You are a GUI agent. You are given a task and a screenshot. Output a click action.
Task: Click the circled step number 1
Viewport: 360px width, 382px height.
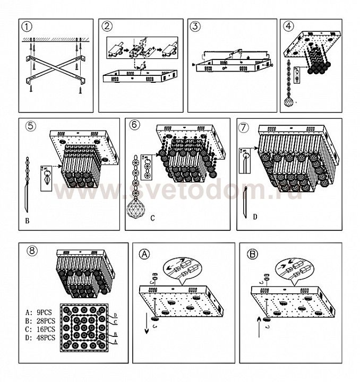click(x=27, y=27)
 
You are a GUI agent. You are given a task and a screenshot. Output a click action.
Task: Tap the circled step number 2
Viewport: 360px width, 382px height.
click(x=107, y=26)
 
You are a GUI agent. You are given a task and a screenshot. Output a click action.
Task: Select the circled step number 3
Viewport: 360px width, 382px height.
click(x=195, y=26)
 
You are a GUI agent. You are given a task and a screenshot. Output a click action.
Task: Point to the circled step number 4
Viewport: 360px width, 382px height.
click(x=289, y=26)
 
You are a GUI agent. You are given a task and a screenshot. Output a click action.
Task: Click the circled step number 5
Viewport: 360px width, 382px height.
click(x=31, y=126)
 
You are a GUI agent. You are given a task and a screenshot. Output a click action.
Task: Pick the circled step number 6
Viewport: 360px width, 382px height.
click(x=135, y=125)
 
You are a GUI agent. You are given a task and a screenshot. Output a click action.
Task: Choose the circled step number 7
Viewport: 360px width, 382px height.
click(x=244, y=128)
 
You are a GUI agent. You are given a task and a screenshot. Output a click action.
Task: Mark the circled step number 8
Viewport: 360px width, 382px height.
click(x=32, y=250)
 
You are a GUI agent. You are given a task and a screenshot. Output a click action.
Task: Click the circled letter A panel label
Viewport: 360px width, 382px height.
click(x=144, y=254)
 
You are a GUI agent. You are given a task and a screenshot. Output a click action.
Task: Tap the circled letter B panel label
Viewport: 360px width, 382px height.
click(x=252, y=254)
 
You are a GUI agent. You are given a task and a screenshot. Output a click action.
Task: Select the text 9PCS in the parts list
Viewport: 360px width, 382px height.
click(x=45, y=312)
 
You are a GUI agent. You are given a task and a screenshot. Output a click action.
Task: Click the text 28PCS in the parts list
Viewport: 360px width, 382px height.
click(x=46, y=321)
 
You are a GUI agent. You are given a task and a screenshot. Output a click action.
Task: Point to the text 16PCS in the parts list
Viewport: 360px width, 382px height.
click(x=46, y=329)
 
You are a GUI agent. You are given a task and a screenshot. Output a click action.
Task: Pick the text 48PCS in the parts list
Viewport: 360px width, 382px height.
click(x=46, y=338)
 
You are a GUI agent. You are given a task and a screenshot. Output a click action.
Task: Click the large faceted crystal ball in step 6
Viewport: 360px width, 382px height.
click(x=136, y=207)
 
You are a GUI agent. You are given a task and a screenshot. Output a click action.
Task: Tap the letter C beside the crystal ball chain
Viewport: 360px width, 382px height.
click(x=152, y=218)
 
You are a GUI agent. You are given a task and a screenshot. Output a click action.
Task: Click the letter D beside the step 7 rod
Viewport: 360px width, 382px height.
click(x=255, y=217)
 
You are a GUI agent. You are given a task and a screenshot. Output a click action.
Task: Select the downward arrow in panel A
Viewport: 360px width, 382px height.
click(x=147, y=323)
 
